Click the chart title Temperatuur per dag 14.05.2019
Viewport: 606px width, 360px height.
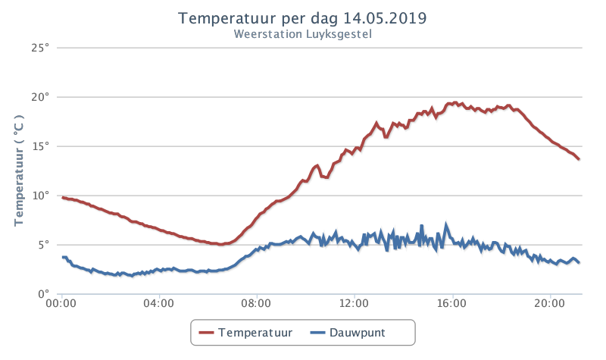pos(302,18)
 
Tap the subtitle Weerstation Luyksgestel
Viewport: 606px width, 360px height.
pos(302,34)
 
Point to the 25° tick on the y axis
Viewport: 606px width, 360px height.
pos(41,48)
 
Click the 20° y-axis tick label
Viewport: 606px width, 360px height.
pos(41,97)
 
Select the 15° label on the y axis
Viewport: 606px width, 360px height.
pos(41,146)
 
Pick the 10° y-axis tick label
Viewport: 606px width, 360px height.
pos(41,196)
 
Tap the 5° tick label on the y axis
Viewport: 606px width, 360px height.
pos(44,245)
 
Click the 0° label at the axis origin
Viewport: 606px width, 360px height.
pos(44,294)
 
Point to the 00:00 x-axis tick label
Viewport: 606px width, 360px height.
pos(61,303)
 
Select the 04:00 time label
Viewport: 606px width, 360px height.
pos(158,303)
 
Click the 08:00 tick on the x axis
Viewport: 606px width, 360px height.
pos(256,303)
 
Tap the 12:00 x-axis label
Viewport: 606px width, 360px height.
pos(354,303)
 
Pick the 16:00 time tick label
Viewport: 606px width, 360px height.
pos(451,303)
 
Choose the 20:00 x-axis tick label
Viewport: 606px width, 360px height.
pos(550,303)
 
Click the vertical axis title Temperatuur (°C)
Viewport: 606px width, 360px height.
pos(18,171)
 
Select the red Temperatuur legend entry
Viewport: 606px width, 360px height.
pos(245,333)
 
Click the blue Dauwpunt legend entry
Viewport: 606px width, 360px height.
pos(348,333)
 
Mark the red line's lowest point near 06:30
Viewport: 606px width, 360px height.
pos(220,244)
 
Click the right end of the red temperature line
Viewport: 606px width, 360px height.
pos(579,159)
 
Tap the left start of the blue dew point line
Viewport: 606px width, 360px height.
pos(63,257)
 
